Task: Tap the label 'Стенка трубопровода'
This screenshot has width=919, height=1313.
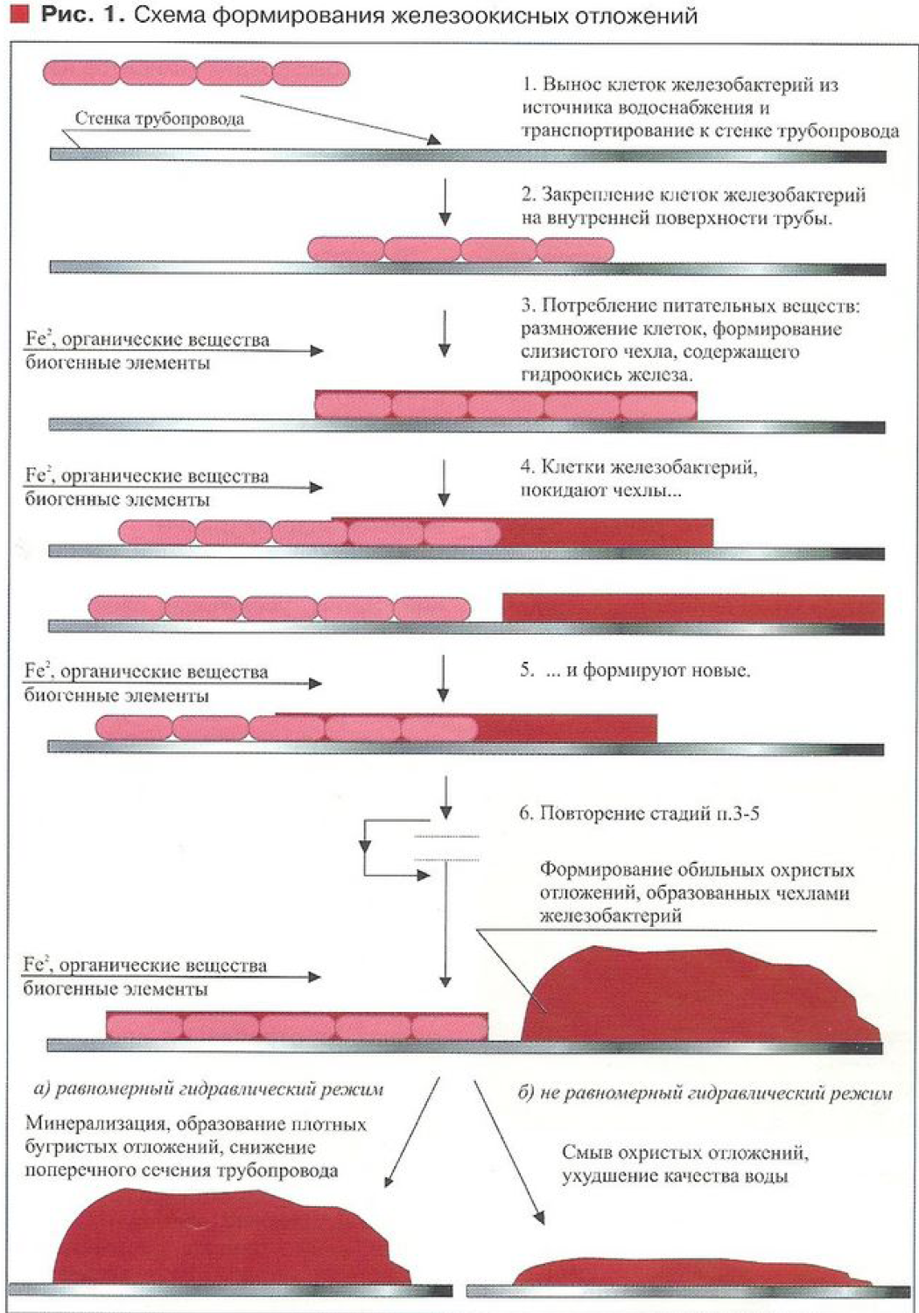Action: coord(159,119)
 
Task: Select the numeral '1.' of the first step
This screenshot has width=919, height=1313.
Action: coord(529,85)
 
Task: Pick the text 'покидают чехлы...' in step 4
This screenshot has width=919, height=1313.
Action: coord(600,490)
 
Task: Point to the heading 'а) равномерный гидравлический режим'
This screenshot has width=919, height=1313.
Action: coord(208,1090)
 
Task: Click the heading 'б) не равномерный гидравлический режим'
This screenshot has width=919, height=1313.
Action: coord(705,1092)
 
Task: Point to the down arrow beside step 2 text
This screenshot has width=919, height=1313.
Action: coord(445,202)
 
